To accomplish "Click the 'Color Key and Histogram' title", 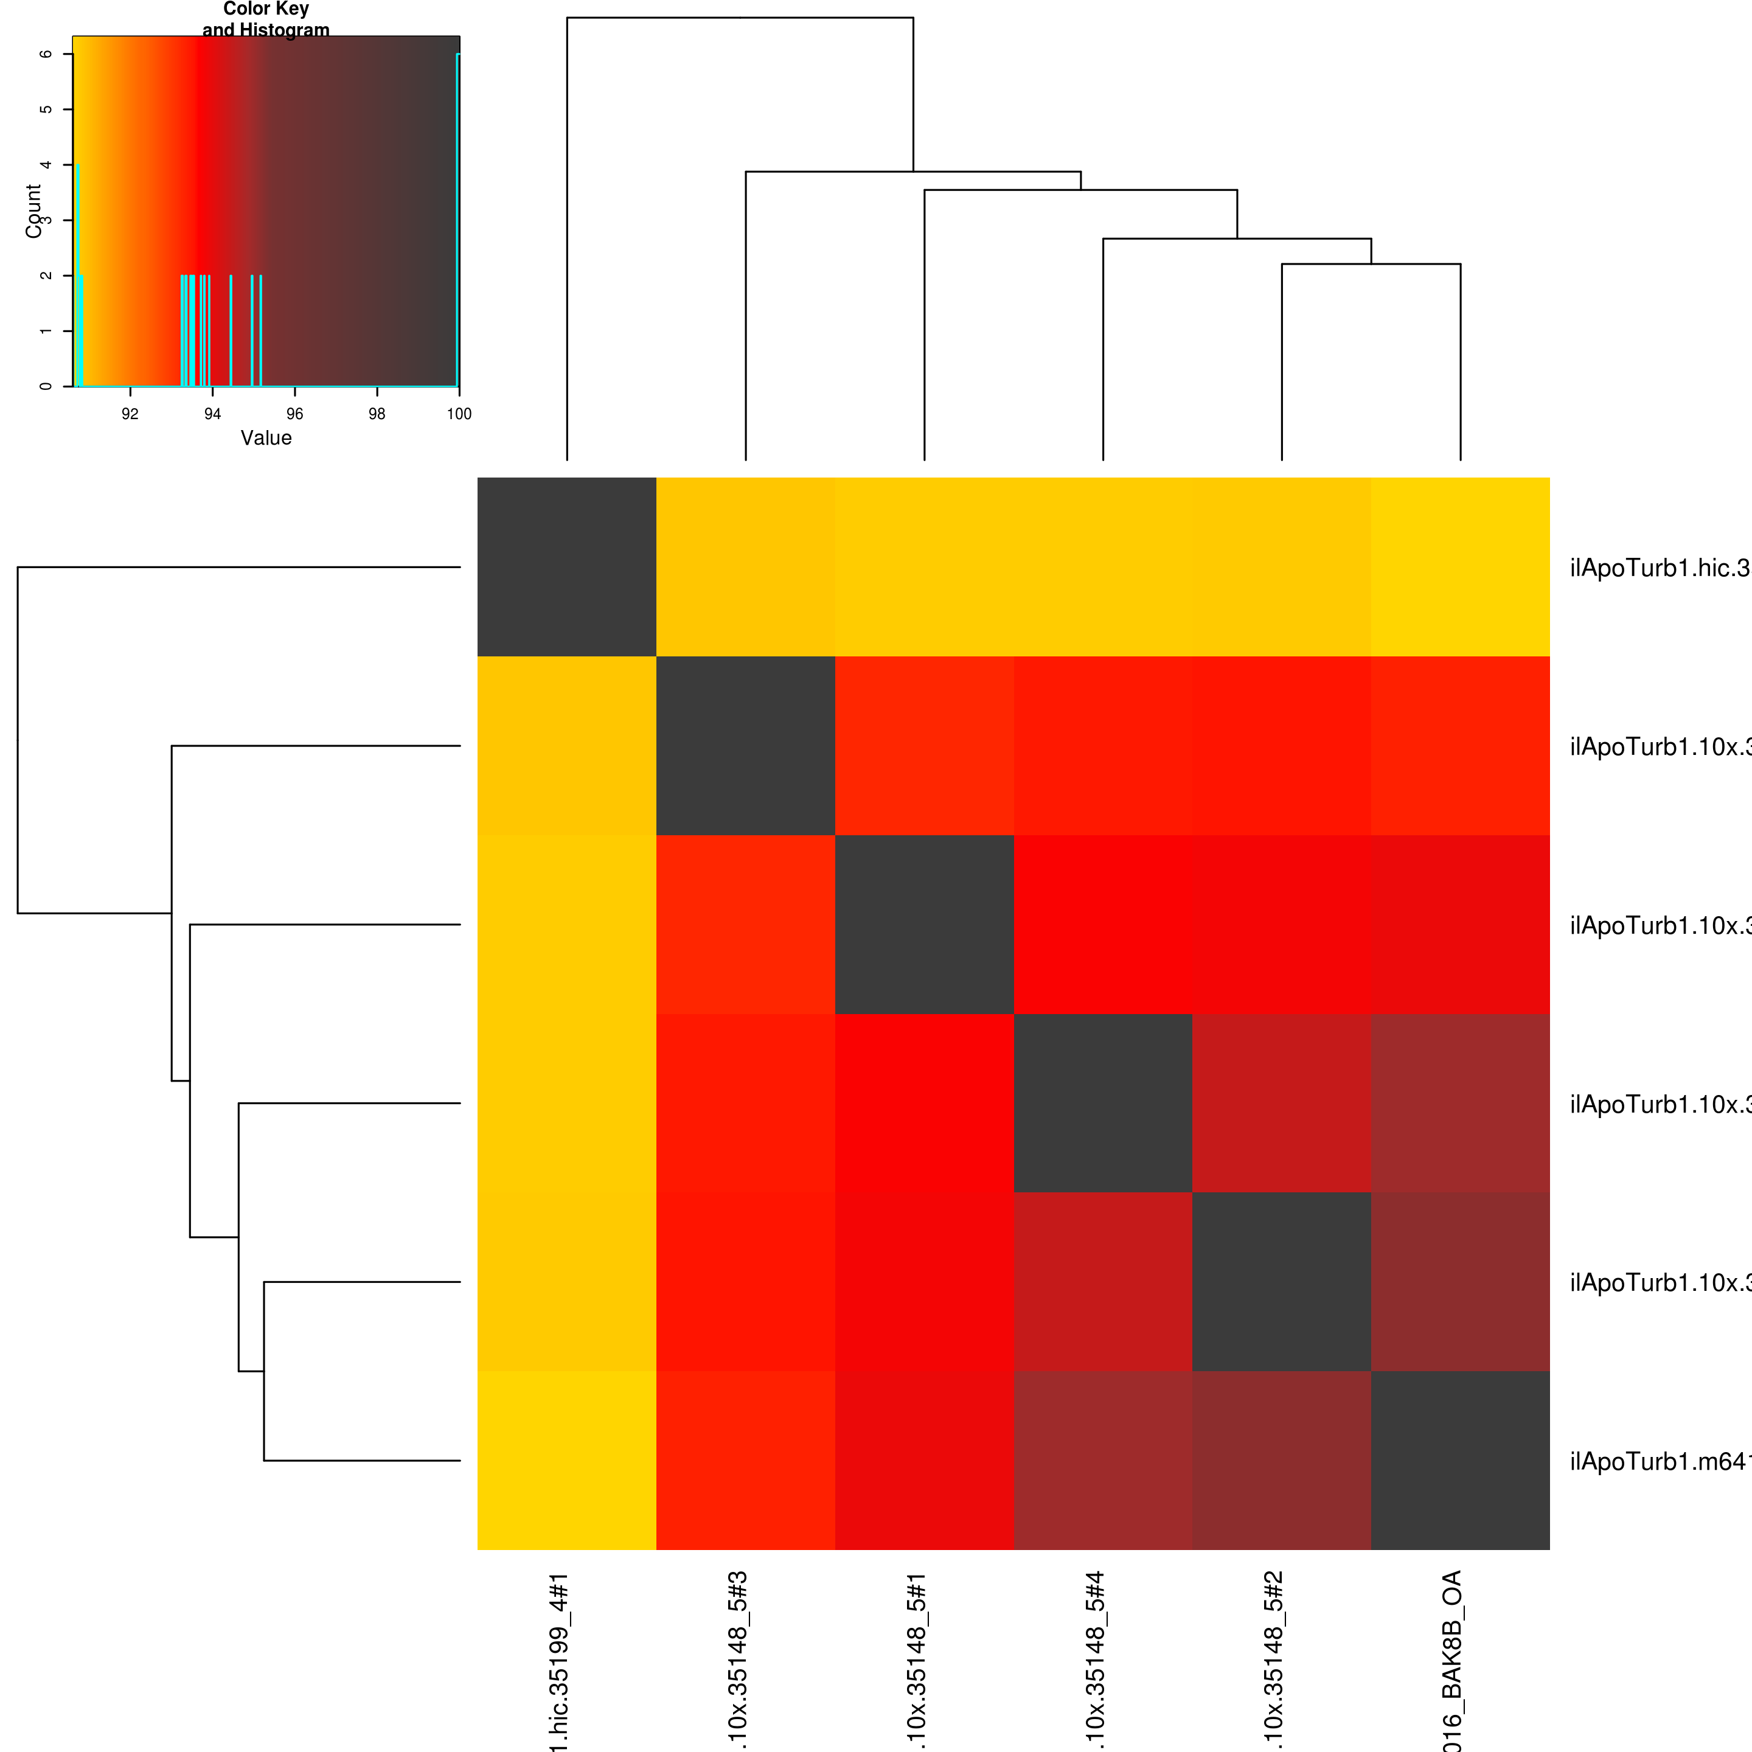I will click(x=266, y=19).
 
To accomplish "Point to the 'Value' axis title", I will click(x=266, y=438).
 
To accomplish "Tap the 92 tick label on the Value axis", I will click(x=130, y=414).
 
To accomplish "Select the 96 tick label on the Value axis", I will click(x=294, y=414).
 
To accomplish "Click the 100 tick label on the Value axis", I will click(x=459, y=414).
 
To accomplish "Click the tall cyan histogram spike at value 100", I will click(x=458, y=218).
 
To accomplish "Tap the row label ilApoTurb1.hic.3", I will click(x=1658, y=569).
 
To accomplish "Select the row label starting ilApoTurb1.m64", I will click(x=1658, y=1462).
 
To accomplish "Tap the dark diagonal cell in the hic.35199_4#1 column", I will click(x=567, y=567).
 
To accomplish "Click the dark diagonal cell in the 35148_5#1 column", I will click(x=924, y=924).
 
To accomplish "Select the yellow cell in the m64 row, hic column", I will click(x=567, y=1460).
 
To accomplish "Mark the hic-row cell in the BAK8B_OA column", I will click(x=1460, y=567).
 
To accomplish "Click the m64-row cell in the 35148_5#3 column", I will click(x=745, y=1460).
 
